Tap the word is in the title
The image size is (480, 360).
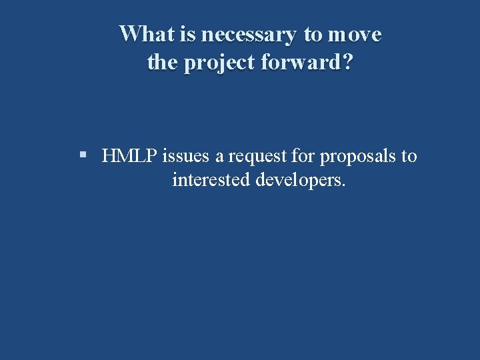189,33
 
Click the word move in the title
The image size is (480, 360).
355,34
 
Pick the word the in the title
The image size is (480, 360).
161,63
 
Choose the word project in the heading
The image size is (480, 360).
215,64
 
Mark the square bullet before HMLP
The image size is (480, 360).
83,155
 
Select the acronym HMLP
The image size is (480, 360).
130,156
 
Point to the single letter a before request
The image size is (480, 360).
220,157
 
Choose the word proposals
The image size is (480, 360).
358,158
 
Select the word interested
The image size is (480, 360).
211,180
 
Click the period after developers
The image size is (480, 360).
343,185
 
